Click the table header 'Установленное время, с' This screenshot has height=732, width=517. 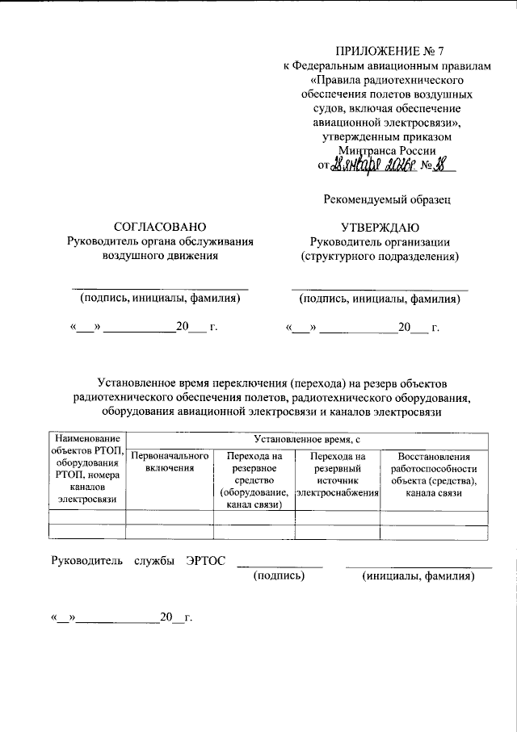307,440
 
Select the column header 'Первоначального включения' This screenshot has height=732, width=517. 170,462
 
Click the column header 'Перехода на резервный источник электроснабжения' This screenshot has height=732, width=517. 338,474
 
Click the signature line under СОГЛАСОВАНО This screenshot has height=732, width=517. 160,287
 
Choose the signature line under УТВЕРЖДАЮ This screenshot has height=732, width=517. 380,287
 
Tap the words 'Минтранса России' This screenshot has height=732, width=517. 389,150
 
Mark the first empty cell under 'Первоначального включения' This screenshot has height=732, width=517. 170,517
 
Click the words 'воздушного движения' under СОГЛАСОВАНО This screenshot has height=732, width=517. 160,257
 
